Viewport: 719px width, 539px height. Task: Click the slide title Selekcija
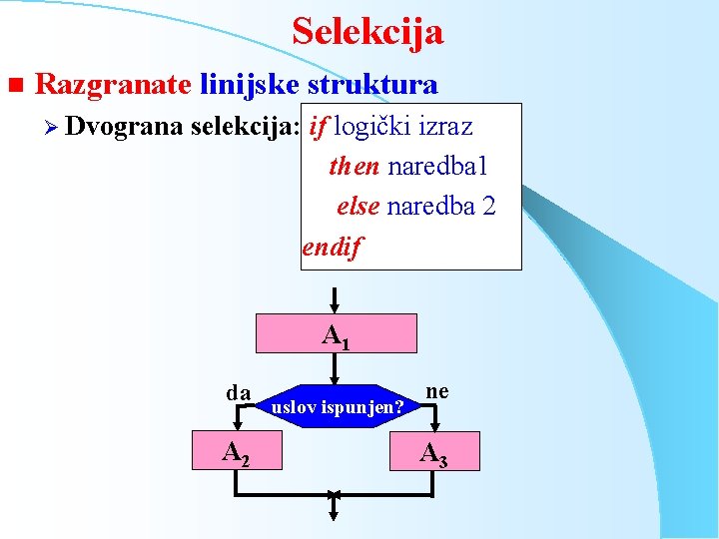(367, 32)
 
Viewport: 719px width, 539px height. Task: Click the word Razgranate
(112, 84)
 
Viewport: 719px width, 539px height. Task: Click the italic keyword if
(320, 127)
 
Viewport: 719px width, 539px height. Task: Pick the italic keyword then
(355, 166)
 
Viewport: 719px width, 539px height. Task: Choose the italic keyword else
(359, 206)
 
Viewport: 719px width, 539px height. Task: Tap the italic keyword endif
(334, 246)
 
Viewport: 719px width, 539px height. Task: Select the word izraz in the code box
(445, 127)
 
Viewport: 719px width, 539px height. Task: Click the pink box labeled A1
(336, 333)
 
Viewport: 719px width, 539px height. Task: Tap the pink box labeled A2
(236, 452)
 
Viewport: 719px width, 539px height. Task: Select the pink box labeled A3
(433, 452)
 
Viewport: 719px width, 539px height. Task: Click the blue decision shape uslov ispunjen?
(339, 407)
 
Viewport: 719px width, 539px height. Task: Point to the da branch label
(238, 392)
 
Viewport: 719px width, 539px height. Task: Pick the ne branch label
(436, 390)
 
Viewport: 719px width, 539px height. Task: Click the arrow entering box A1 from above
(336, 299)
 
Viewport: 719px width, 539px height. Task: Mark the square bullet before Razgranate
(14, 85)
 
